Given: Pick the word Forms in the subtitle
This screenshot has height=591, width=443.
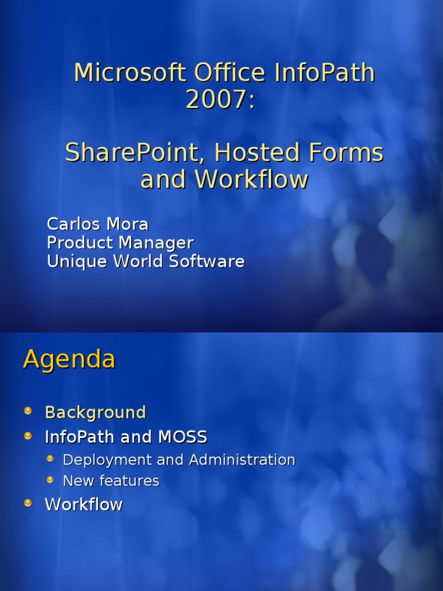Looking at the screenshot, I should coord(346,153).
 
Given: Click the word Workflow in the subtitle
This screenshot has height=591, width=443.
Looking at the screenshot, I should coord(251,179).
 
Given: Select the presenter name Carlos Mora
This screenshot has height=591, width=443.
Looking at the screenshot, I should coord(97,224).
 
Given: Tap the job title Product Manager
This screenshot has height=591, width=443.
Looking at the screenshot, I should coord(120,242).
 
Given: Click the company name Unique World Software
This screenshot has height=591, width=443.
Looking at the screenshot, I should coord(145,261).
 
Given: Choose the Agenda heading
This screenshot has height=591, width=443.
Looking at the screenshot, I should coord(69,360).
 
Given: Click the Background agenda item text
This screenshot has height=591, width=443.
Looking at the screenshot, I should coord(95,413).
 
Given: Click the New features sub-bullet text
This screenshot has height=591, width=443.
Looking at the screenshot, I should coord(111,481).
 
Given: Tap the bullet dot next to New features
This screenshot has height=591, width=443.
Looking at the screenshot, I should coord(50,480).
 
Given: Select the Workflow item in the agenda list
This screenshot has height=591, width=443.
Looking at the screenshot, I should coord(84,504).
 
